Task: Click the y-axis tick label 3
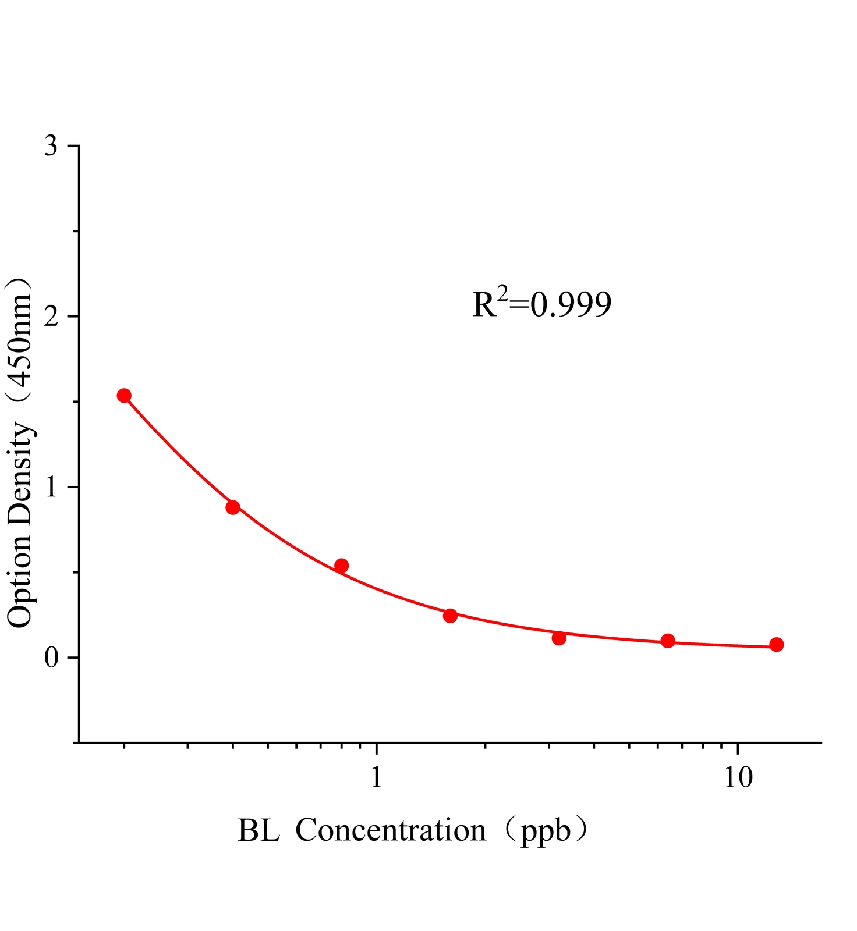(x=51, y=147)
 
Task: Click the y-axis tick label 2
(x=51, y=317)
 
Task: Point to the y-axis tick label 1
(x=51, y=488)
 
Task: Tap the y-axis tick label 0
(x=51, y=658)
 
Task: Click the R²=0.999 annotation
(x=541, y=304)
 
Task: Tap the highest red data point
(x=124, y=396)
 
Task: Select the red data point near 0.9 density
(x=233, y=507)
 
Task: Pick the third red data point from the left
(x=342, y=566)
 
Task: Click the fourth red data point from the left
(x=450, y=616)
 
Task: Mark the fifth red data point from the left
(x=559, y=638)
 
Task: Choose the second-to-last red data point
(x=668, y=641)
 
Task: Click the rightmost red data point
(x=776, y=645)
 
